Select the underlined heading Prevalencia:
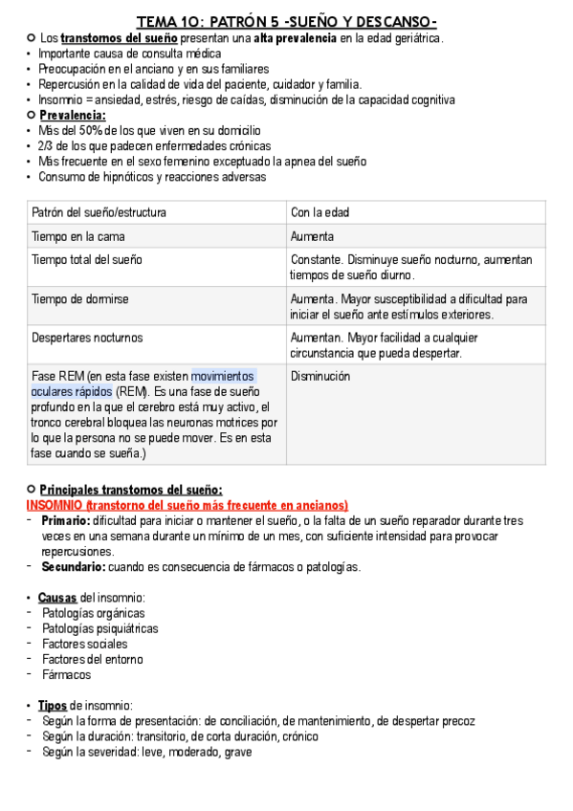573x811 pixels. (x=72, y=116)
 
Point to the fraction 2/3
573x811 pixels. (x=47, y=146)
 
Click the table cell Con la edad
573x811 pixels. (x=320, y=212)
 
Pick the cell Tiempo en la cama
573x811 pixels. (x=78, y=236)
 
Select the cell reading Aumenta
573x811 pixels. (x=313, y=236)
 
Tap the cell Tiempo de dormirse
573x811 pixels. (x=80, y=299)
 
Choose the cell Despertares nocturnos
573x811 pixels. (x=87, y=338)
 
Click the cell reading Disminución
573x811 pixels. (x=320, y=376)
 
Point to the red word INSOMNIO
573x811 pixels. (x=54, y=505)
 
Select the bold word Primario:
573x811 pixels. (x=65, y=520)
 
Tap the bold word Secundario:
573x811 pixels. (x=73, y=567)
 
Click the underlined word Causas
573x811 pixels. (x=58, y=598)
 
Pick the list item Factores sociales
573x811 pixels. (x=84, y=644)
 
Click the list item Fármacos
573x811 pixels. (x=67, y=674)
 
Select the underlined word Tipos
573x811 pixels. (x=53, y=705)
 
